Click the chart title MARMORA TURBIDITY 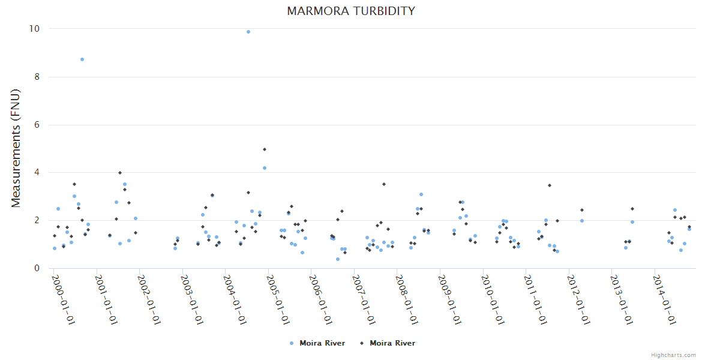(x=351, y=11)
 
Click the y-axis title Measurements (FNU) (x=16, y=148)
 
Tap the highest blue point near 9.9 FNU (x=248, y=32)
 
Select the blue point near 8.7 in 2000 (x=82, y=59)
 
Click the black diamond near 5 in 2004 (x=265, y=149)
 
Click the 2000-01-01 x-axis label (x=62, y=299)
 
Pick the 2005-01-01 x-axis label (x=277, y=299)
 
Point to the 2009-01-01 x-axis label (x=449, y=299)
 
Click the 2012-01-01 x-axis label (x=578, y=299)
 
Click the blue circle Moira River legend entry (x=317, y=343)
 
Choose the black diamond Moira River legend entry (x=387, y=343)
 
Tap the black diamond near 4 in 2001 (x=120, y=173)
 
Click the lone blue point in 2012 (x=582, y=221)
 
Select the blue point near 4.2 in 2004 (x=265, y=168)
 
